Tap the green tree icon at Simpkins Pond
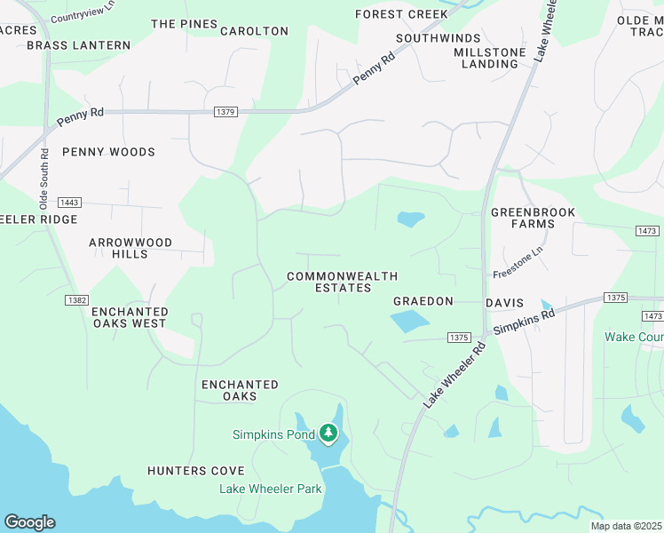tap(329, 434)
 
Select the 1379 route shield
tap(225, 112)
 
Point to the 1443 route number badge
tap(69, 203)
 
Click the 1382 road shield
tap(76, 300)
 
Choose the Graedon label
tap(423, 302)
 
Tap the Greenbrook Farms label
tap(533, 218)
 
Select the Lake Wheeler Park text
tap(270, 489)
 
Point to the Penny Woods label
tap(108, 152)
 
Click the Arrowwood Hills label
tap(130, 248)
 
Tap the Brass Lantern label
tap(78, 45)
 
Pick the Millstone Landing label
tap(489, 59)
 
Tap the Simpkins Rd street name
tap(524, 321)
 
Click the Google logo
tap(29, 522)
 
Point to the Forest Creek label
tap(401, 15)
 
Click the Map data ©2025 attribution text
tap(626, 526)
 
